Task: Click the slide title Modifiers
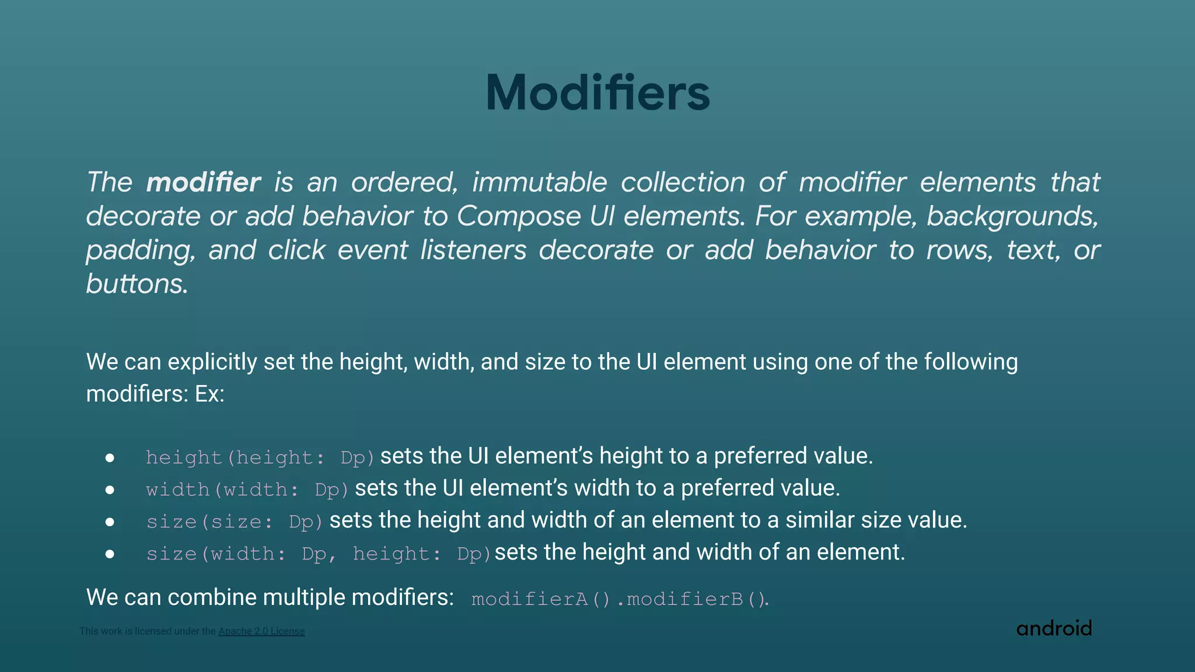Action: (x=597, y=93)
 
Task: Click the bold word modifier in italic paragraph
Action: (x=203, y=183)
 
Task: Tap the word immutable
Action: (x=539, y=183)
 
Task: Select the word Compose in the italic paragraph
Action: (x=519, y=216)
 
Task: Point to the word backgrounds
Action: (x=1012, y=216)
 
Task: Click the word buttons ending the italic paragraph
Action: (x=137, y=284)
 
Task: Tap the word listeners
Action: (x=473, y=250)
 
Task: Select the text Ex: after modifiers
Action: (x=209, y=394)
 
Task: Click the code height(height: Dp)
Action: (x=260, y=457)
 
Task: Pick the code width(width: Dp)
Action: (x=247, y=489)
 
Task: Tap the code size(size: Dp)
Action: (x=235, y=521)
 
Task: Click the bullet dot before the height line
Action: (x=110, y=458)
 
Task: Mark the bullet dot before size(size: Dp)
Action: (x=110, y=522)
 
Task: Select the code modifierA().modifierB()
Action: (x=620, y=599)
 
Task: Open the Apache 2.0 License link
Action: (x=261, y=631)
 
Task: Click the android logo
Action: (x=1054, y=628)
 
